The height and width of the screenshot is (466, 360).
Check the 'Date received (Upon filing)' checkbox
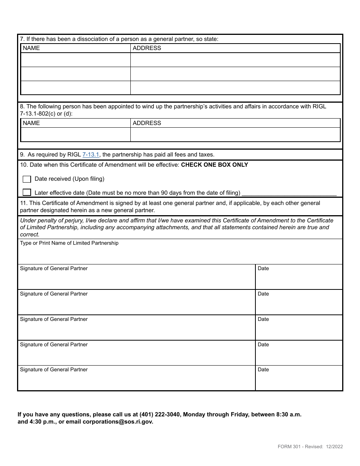27,179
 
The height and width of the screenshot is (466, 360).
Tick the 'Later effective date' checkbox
27,192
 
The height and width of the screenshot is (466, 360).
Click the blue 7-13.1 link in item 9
91,155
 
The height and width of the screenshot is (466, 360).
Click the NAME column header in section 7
31,48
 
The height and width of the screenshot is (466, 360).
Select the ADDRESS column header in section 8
147,123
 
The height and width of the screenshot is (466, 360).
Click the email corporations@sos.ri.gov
118,422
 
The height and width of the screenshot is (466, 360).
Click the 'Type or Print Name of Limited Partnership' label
69,243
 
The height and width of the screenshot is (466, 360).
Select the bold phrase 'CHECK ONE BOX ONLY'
214,165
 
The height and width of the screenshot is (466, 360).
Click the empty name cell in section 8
75,134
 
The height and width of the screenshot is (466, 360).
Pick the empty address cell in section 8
235,134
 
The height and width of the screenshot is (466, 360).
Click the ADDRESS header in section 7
147,48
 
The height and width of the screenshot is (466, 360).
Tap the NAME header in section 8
31,123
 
